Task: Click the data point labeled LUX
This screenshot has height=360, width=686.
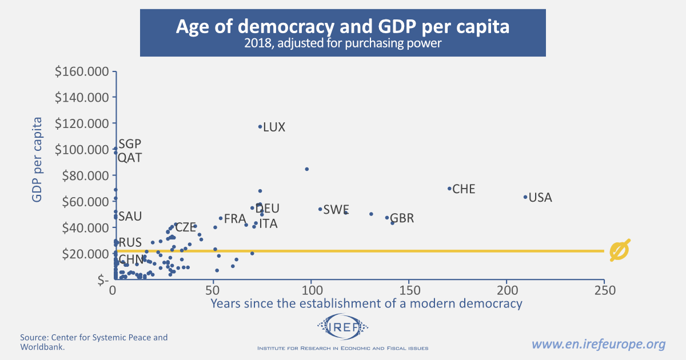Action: (260, 127)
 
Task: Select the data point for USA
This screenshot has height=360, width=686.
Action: (525, 197)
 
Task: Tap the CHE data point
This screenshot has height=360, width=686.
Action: (449, 189)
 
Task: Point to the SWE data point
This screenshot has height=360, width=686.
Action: (320, 209)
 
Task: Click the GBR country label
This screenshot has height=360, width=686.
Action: (402, 218)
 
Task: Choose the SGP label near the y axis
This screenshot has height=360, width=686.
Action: (130, 144)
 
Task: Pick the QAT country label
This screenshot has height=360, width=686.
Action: (130, 158)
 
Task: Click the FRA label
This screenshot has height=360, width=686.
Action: (235, 219)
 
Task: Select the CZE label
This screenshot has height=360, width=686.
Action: (185, 227)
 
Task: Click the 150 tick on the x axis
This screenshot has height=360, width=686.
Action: (409, 290)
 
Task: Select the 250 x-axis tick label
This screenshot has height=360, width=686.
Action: (604, 290)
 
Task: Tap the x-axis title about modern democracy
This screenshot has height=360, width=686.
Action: (366, 303)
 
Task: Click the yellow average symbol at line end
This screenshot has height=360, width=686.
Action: (620, 250)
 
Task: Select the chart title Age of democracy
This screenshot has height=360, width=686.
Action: (342, 27)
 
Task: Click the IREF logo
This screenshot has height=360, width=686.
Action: (343, 327)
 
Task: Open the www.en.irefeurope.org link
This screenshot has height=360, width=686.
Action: (599, 344)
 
